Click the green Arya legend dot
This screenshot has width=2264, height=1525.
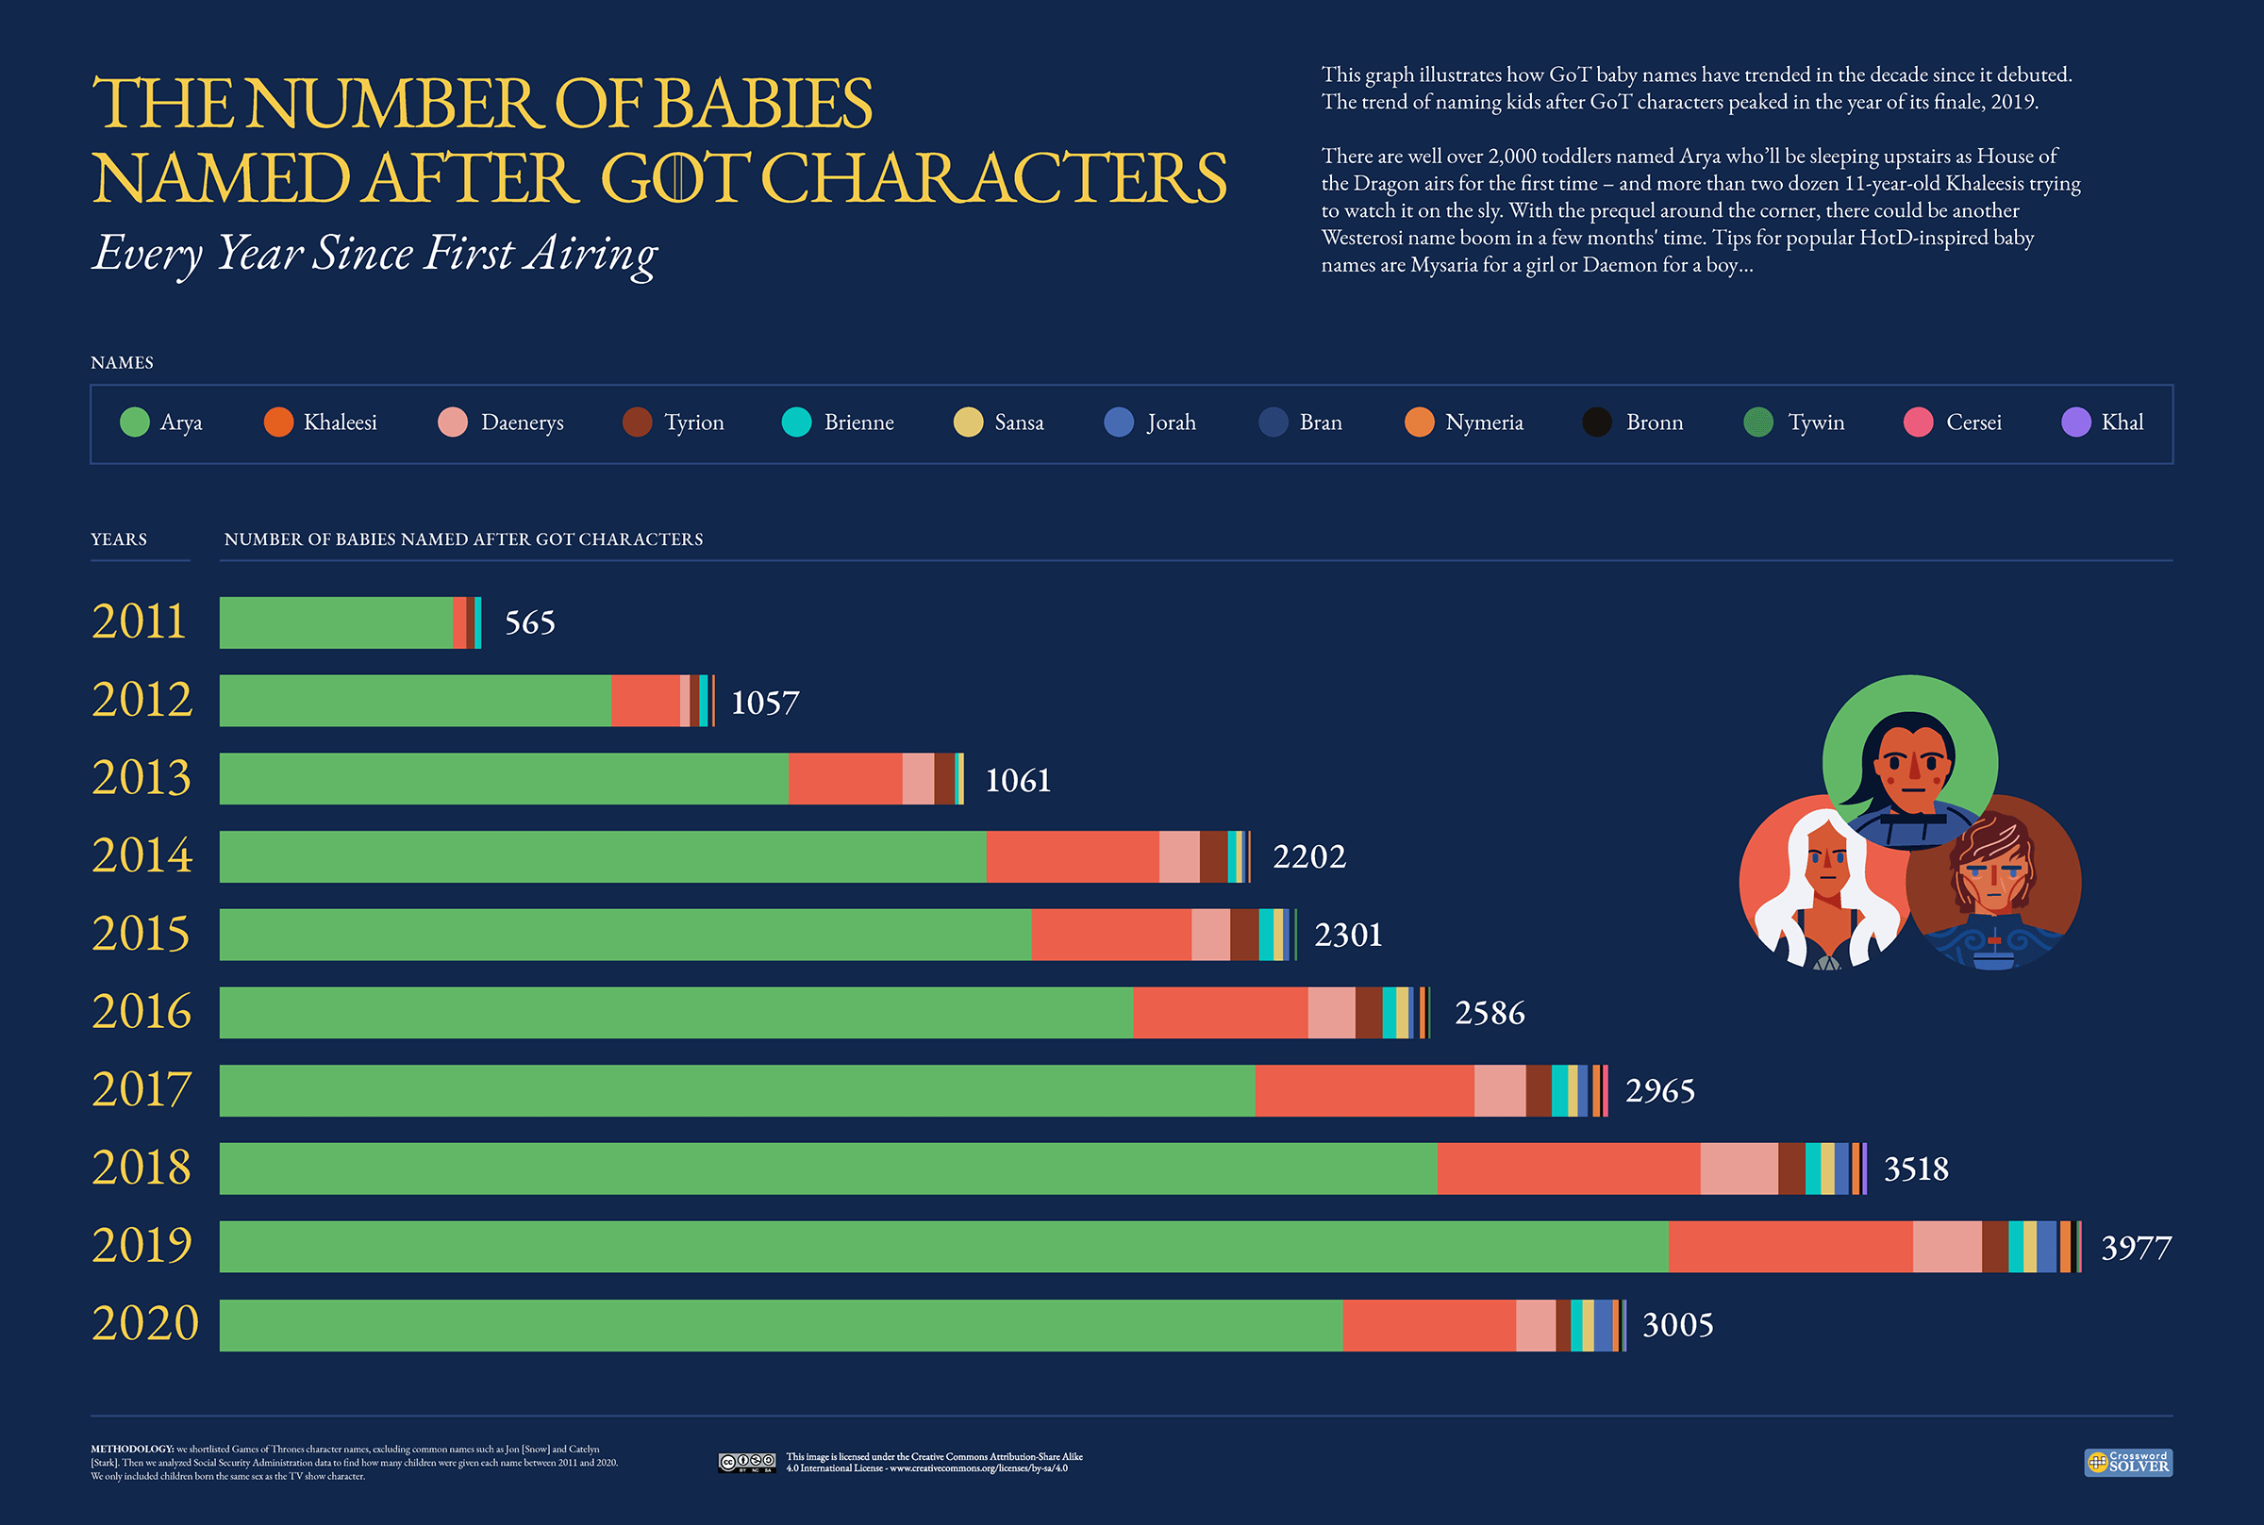click(x=134, y=423)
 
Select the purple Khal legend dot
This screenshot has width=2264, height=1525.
click(x=2075, y=423)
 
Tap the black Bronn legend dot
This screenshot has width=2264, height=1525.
click(x=1597, y=423)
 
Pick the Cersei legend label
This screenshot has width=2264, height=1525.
click(x=1973, y=423)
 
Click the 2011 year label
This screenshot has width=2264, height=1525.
click(x=139, y=622)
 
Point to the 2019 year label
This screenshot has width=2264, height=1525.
click(x=142, y=1245)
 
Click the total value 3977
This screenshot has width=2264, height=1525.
click(x=2136, y=1247)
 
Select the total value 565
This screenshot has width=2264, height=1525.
click(x=530, y=622)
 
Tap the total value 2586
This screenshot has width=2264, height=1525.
click(x=1489, y=1013)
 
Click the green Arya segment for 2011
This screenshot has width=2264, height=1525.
click(x=336, y=622)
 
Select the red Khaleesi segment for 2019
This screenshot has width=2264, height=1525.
click(x=1790, y=1246)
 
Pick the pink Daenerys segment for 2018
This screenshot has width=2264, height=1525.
click(x=1739, y=1169)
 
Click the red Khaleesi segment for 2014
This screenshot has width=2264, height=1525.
click(x=1072, y=856)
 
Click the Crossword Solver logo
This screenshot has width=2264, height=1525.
click(x=2128, y=1462)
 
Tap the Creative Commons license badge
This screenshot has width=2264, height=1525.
click(x=747, y=1462)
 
